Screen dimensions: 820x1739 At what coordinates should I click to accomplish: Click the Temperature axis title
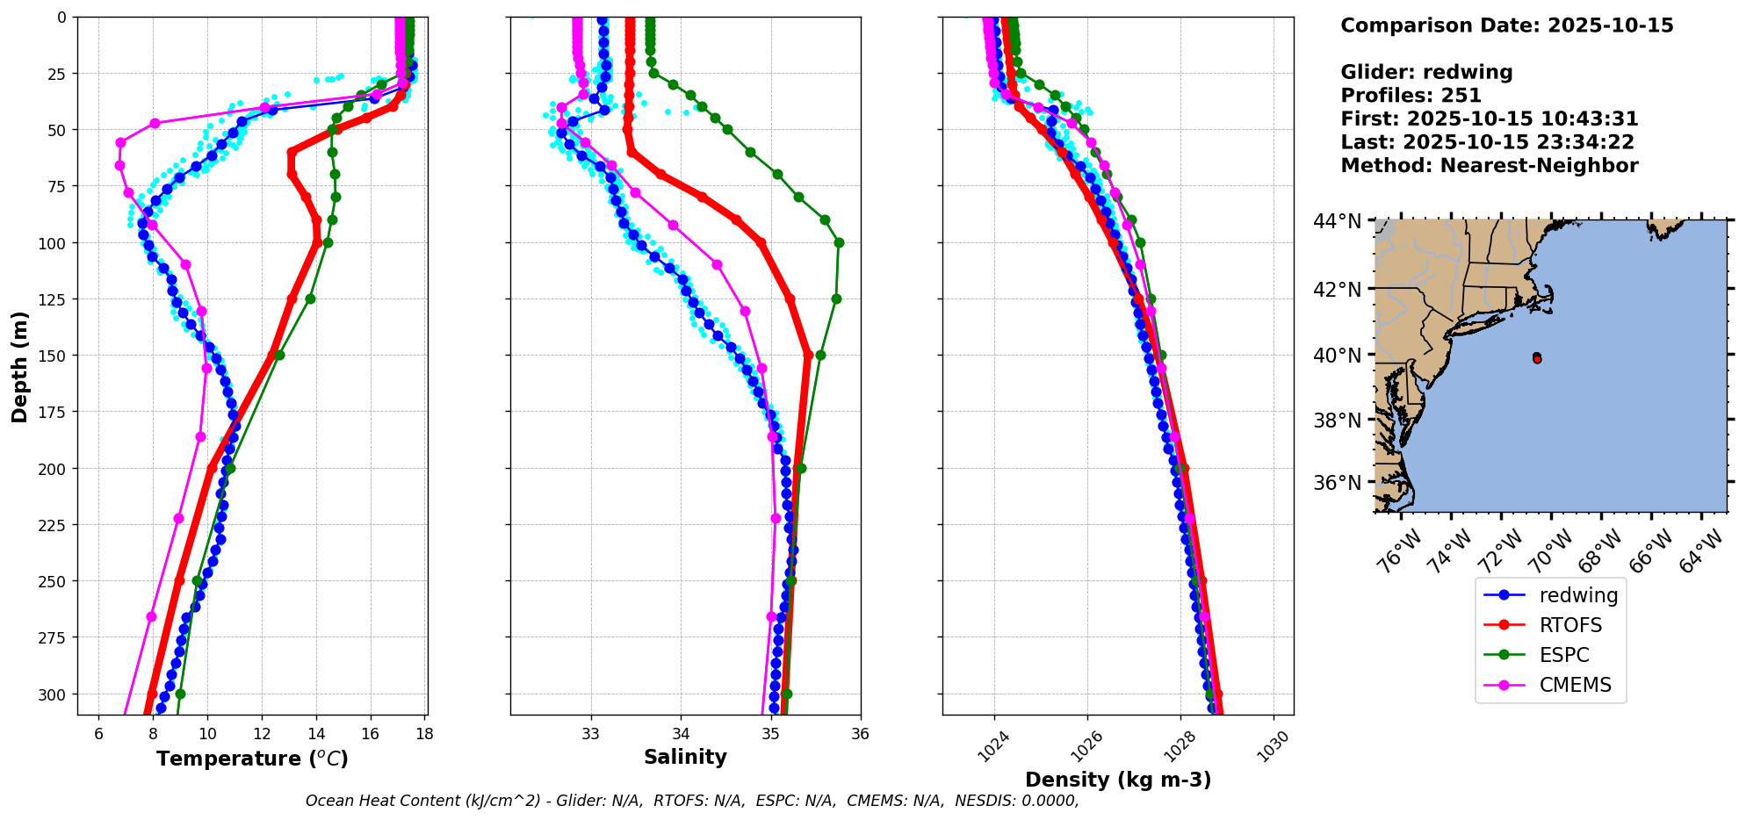[252, 759]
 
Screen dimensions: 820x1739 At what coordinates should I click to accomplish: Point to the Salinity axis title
[685, 757]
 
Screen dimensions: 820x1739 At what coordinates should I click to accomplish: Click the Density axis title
[1118, 780]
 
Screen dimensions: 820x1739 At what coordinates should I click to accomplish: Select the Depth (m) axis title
[19, 367]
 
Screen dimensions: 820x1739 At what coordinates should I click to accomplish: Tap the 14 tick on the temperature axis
[316, 734]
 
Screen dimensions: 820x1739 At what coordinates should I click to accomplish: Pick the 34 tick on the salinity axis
[681, 734]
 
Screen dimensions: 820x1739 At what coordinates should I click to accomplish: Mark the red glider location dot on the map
[1537, 358]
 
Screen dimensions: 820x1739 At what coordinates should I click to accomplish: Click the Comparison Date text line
[1506, 25]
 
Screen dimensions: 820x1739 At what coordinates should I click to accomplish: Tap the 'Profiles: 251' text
[1411, 96]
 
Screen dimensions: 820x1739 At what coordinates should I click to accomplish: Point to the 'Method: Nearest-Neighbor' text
[1489, 166]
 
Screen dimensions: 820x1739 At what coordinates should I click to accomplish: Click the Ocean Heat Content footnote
[692, 801]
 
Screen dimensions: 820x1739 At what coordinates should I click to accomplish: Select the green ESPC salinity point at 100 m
[839, 242]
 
